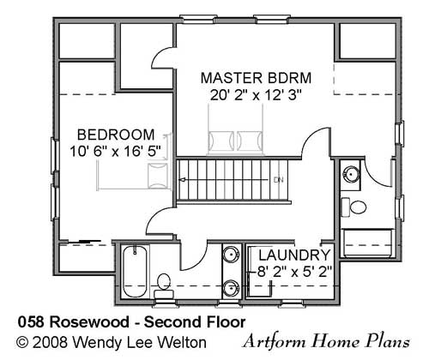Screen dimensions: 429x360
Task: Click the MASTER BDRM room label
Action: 256,78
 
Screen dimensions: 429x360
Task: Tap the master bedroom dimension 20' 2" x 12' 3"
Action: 256,95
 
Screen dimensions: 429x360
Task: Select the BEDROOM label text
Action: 116,135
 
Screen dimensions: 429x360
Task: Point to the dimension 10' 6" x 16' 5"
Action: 116,152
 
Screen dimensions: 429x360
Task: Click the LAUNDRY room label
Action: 294,255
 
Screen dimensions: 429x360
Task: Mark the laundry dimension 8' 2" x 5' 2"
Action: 294,272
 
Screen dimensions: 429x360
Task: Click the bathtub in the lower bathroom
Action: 135,271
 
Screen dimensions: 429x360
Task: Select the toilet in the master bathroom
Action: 353,207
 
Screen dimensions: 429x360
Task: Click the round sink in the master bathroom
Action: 351,174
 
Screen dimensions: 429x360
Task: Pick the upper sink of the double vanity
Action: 231,255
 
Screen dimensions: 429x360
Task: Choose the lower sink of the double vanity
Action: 231,288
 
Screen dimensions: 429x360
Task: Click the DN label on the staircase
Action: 278,180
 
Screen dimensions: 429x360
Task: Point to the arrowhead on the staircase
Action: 182,180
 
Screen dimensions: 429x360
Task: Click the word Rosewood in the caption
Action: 89,322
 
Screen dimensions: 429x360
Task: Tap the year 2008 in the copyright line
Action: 50,342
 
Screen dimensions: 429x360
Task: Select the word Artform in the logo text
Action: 275,341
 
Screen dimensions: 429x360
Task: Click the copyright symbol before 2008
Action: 22,342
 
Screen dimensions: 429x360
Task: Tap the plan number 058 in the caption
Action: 31,322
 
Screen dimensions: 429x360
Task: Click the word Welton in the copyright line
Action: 183,342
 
